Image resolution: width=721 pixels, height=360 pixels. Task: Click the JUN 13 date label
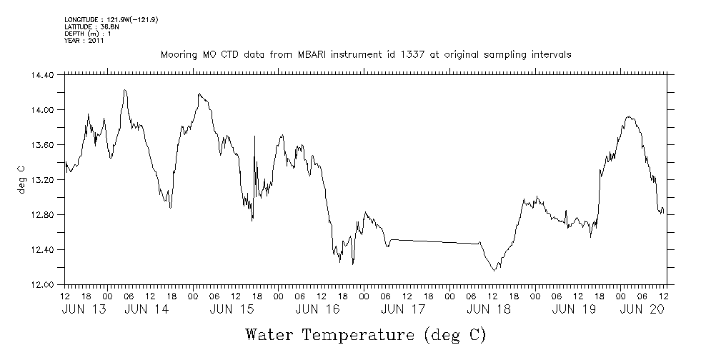(x=81, y=309)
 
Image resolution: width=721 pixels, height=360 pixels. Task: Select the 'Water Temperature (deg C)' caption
(x=366, y=334)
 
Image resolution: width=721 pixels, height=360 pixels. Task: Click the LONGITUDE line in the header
(x=111, y=19)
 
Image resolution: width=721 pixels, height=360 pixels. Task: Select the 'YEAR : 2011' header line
(x=84, y=41)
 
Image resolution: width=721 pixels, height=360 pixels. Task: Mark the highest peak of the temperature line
(x=125, y=90)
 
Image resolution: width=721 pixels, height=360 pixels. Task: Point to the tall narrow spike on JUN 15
(x=255, y=136)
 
